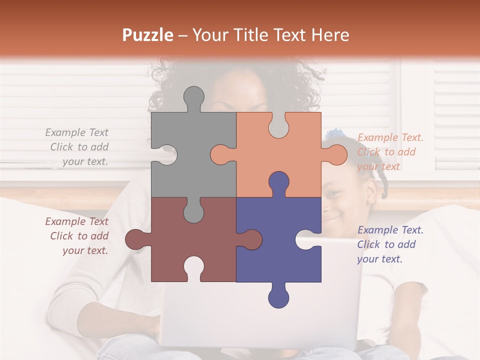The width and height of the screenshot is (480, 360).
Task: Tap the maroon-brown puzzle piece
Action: point(192,237)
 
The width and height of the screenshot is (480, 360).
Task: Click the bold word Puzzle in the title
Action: point(148,35)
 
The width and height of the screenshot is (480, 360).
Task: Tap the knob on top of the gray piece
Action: point(193,97)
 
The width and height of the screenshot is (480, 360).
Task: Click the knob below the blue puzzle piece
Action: point(278,296)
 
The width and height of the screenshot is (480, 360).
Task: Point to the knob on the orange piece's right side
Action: point(336,154)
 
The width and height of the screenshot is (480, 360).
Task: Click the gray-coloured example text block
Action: point(78,147)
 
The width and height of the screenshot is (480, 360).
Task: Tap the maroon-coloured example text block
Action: point(78,236)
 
